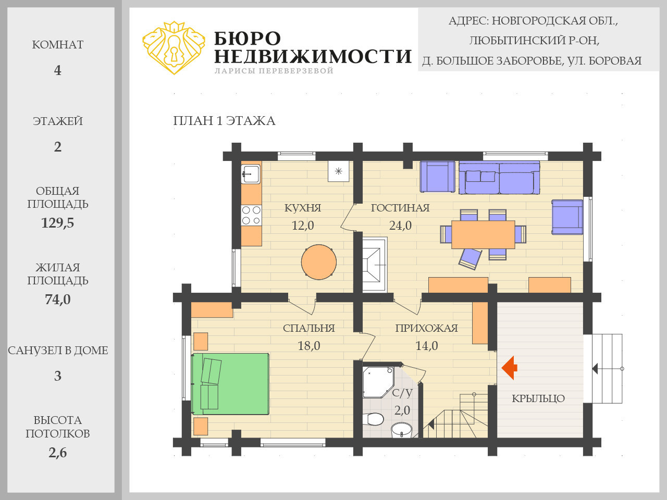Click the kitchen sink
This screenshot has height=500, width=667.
click(x=251, y=174)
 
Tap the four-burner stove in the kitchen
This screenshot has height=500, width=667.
click(x=251, y=215)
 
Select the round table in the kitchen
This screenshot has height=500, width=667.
click(x=319, y=262)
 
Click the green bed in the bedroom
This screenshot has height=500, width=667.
click(x=230, y=384)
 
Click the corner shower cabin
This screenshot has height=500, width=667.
click(x=378, y=382)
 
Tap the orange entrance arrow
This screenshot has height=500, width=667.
click(x=509, y=368)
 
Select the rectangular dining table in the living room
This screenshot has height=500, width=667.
click(x=483, y=234)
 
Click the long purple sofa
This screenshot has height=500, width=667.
click(x=499, y=178)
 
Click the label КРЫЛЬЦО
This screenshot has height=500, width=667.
click(x=538, y=398)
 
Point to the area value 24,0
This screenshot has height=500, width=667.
click(x=400, y=226)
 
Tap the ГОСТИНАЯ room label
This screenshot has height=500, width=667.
click(x=400, y=208)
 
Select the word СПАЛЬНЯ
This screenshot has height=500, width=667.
click(x=308, y=328)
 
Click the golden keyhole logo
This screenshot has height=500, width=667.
click(x=174, y=48)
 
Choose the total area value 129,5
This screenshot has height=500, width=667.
click(x=58, y=223)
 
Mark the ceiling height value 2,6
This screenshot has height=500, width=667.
click(x=58, y=453)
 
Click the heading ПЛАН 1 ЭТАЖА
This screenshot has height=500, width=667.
click(x=224, y=121)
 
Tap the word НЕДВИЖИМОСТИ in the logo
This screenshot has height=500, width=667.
click(x=313, y=56)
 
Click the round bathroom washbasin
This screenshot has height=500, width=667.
click(x=401, y=431)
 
